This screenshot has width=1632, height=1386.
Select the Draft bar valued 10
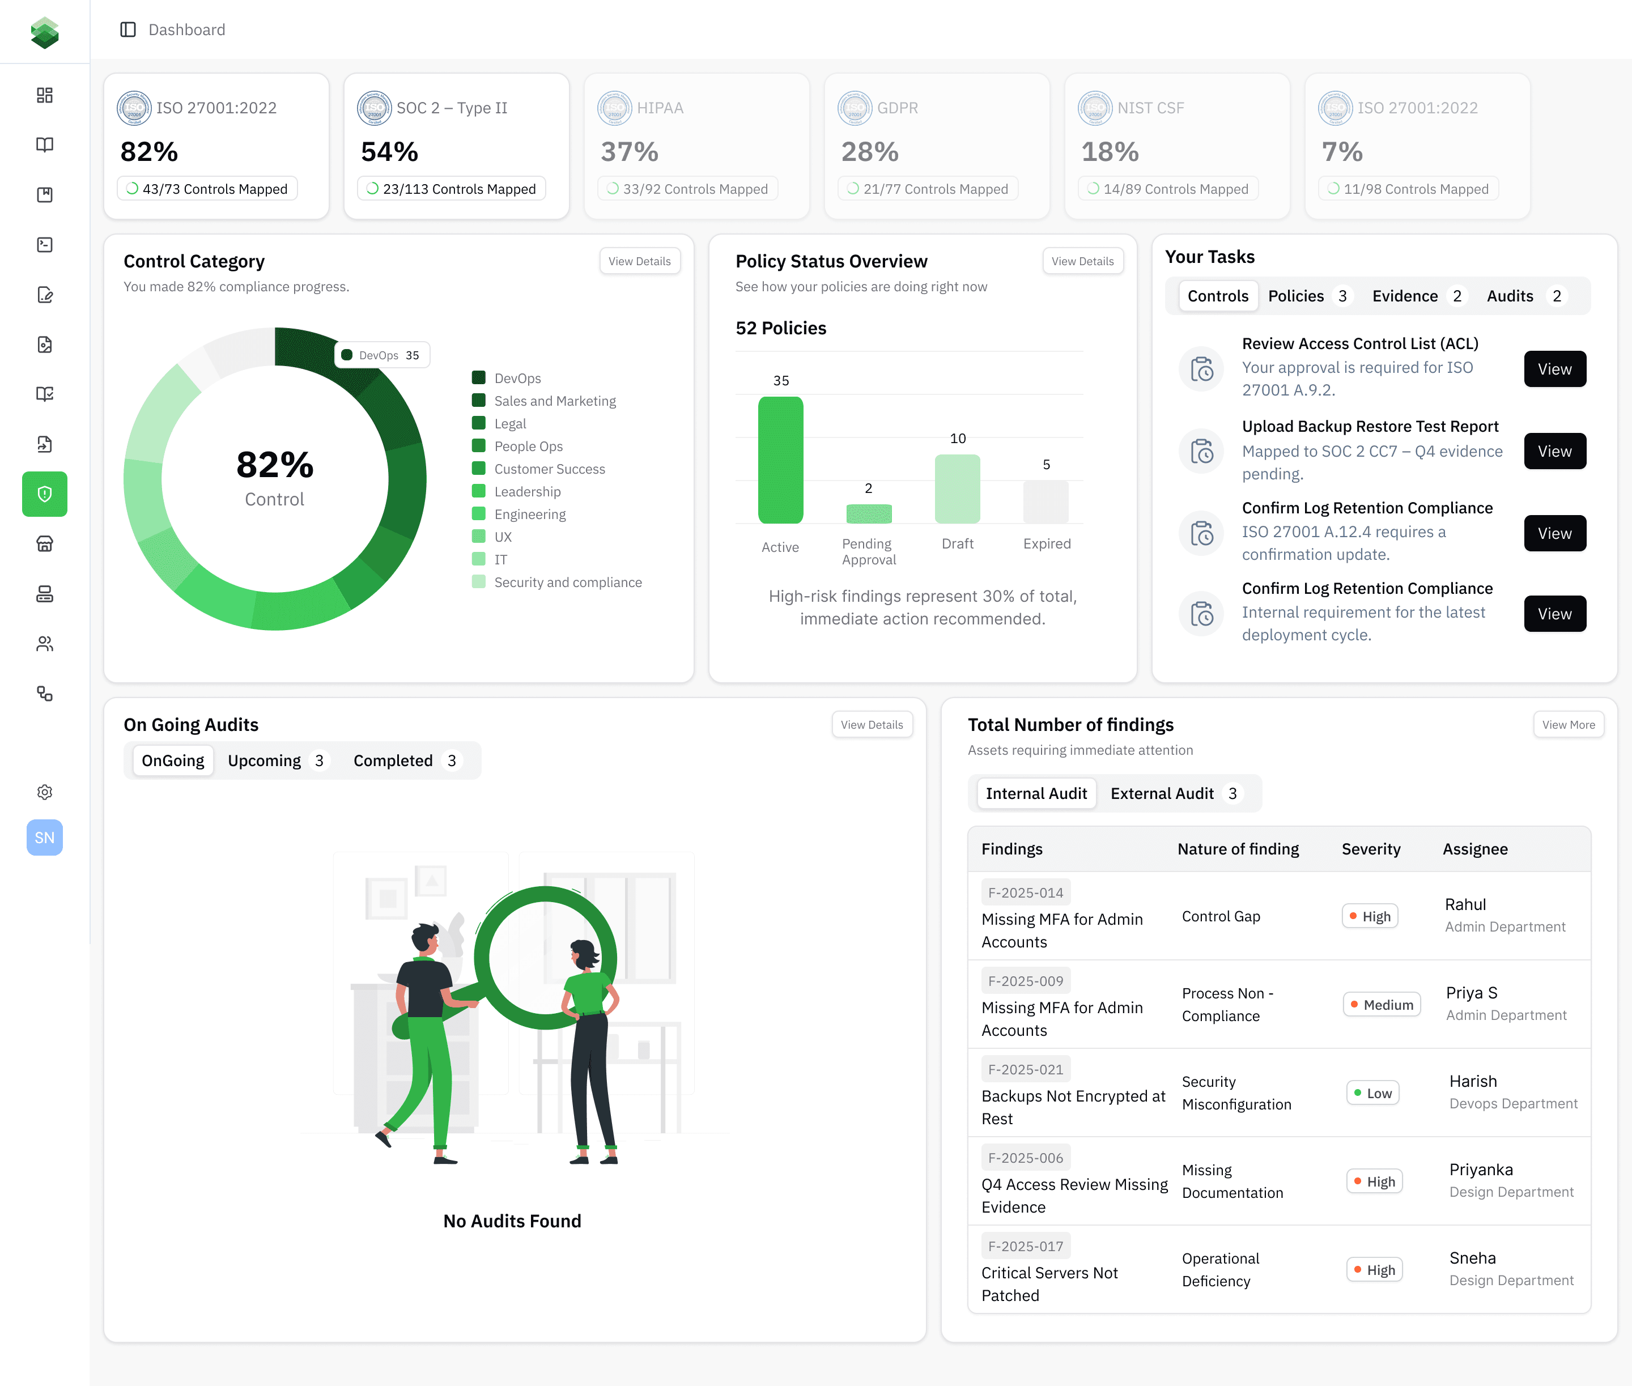957,488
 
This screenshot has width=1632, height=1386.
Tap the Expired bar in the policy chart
1046,502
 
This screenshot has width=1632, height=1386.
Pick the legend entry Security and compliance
567,582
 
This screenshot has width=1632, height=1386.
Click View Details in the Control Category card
639,261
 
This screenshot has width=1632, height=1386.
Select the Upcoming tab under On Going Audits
265,760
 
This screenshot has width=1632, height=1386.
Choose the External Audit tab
1162,793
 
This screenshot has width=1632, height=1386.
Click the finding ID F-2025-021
1026,1069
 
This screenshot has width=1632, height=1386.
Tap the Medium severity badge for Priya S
1382,1005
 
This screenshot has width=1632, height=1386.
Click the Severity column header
1370,849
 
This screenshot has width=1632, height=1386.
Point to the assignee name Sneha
1472,1258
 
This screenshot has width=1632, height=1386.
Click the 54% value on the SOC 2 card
389,152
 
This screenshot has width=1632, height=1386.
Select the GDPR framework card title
898,108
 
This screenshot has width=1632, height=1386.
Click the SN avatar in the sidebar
45,837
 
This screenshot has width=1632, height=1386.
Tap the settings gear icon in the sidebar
45,792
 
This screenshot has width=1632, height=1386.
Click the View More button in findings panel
1567,724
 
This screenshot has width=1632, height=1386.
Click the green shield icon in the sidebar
45,494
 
